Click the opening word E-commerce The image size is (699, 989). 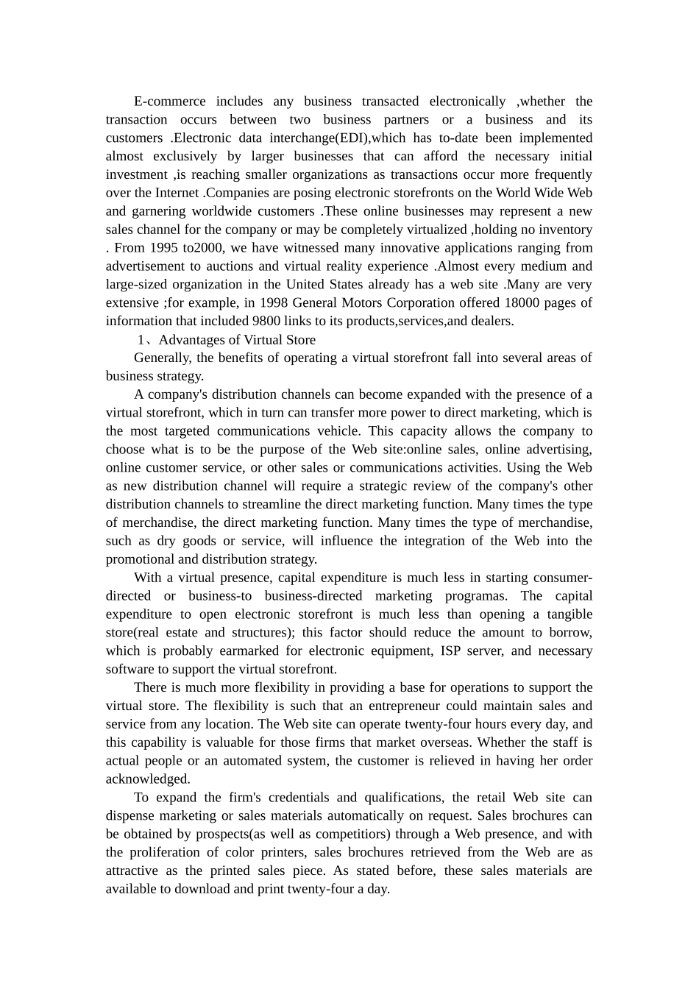click(169, 102)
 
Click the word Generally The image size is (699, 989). click(163, 358)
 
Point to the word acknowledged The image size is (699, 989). click(148, 779)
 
